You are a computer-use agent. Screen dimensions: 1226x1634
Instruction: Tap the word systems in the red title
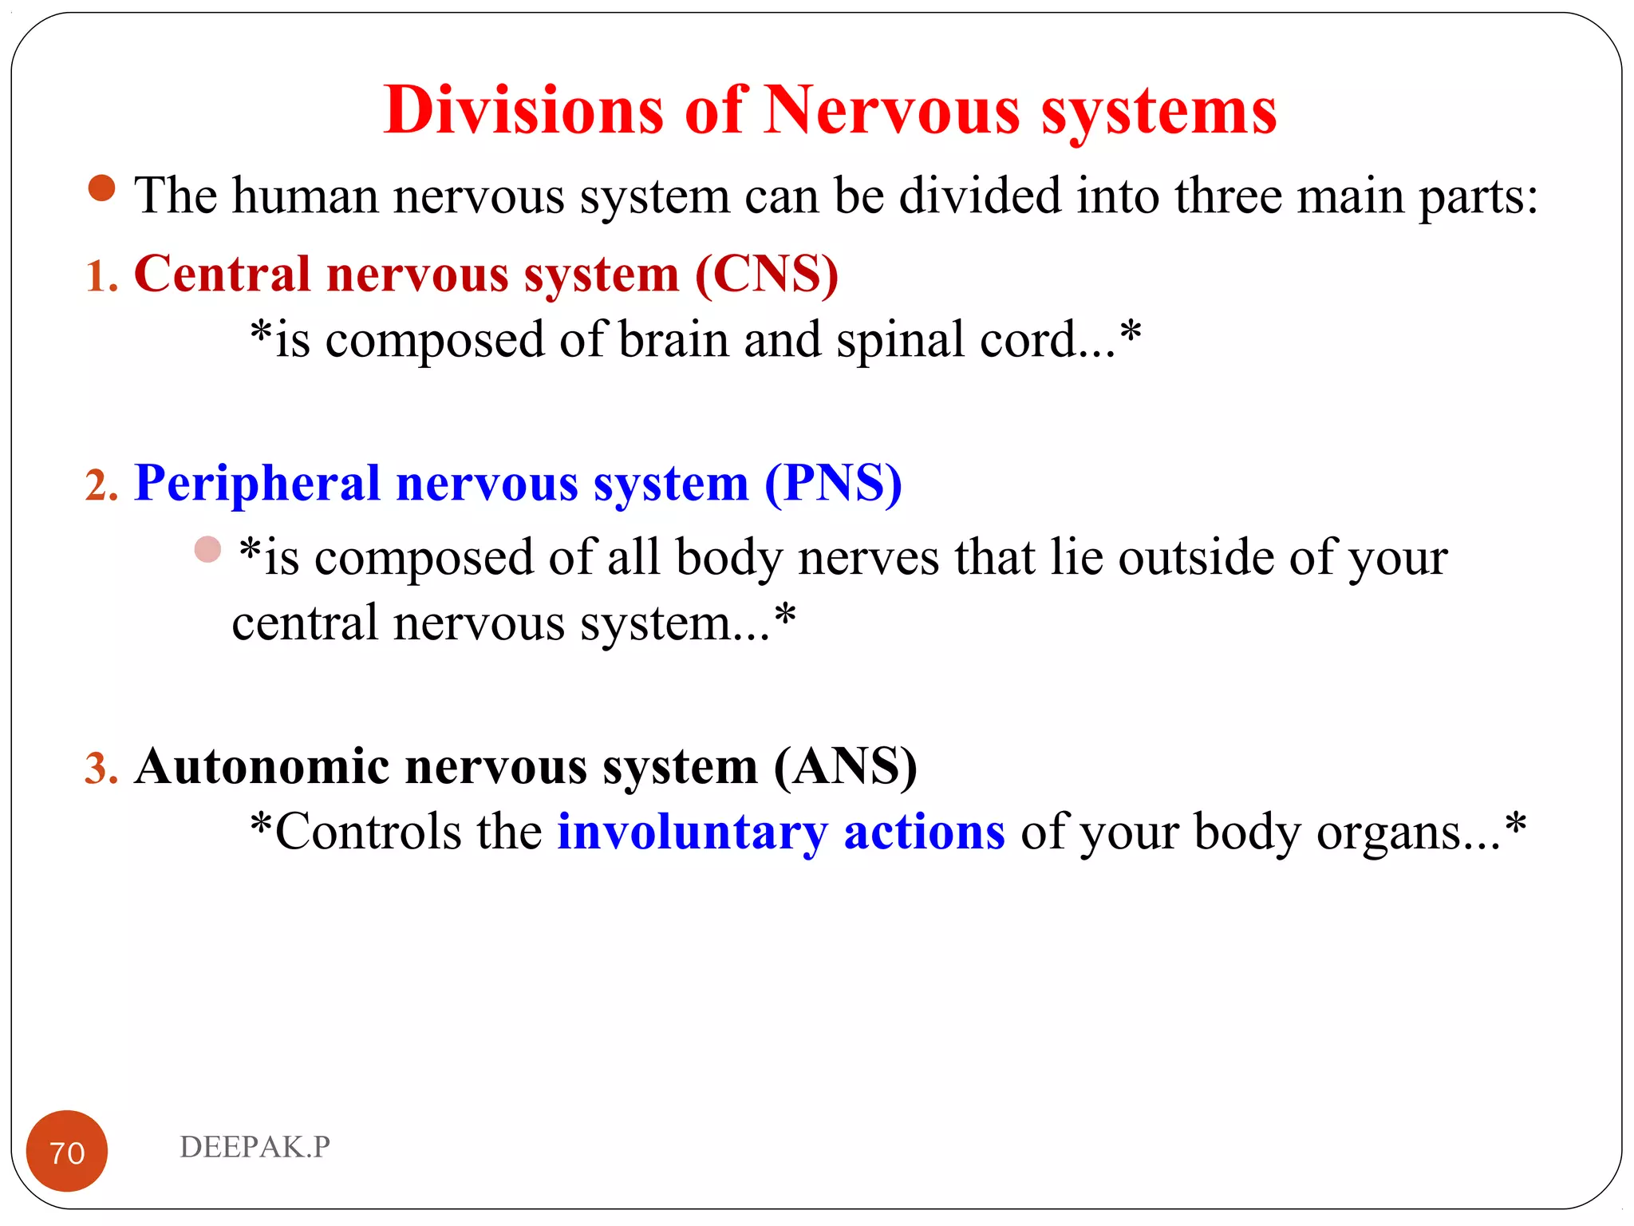point(1158,112)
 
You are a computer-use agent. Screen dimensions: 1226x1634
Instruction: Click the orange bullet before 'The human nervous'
point(101,188)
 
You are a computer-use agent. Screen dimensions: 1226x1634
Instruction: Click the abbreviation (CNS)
point(767,275)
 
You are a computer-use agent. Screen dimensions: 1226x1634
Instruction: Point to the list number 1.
point(101,277)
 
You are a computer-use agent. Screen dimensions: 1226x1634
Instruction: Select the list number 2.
point(101,485)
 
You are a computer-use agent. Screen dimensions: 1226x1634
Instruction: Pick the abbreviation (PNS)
point(833,484)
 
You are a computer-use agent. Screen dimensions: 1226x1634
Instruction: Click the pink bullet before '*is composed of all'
point(207,549)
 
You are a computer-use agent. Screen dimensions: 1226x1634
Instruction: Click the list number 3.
point(101,769)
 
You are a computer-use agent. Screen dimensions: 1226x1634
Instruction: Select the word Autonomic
point(262,767)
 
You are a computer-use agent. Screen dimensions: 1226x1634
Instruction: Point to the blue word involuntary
point(693,832)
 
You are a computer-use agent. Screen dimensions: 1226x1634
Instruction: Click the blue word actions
point(924,832)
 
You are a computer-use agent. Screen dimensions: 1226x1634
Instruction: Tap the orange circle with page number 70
point(67,1151)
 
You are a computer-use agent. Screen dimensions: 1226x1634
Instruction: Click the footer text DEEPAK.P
point(255,1147)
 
